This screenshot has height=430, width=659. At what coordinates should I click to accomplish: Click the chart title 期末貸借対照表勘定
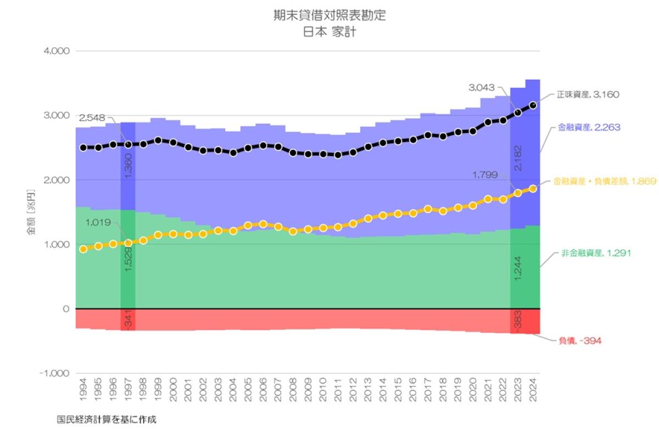(x=329, y=15)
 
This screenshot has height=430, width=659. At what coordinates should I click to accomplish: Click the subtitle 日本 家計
(x=329, y=32)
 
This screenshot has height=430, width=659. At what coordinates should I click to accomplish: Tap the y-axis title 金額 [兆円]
(x=31, y=212)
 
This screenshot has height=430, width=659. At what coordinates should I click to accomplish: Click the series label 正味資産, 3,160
(x=588, y=94)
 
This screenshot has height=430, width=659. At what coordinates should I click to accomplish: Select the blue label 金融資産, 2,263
(x=589, y=127)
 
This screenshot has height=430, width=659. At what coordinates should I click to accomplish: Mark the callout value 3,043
(x=482, y=87)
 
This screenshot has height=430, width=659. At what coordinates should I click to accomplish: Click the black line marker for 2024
(x=532, y=104)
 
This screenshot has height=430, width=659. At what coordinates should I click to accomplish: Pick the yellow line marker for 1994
(x=83, y=249)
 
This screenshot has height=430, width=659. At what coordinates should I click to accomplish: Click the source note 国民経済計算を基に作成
(x=107, y=420)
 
